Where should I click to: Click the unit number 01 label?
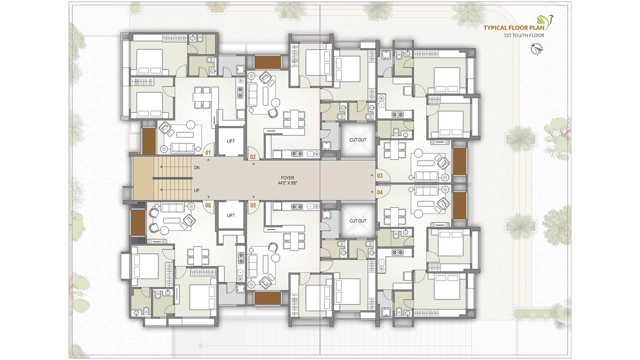tap(208, 153)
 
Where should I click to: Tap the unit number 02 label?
tap(253, 157)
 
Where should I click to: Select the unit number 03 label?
tap(380, 176)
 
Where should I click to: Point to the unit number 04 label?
tap(380, 192)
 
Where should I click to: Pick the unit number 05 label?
tap(253, 205)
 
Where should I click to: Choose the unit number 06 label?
tap(208, 205)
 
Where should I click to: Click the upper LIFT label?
tap(231, 141)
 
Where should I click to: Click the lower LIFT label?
tap(231, 216)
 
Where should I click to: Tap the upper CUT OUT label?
tap(358, 140)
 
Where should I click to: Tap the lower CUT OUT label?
tap(358, 221)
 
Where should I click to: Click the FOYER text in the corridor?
tap(287, 178)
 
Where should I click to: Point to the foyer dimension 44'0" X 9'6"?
tap(287, 183)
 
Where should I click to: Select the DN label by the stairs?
tap(197, 168)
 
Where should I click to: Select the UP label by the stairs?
tap(197, 191)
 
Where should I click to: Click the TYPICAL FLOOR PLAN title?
tap(514, 28)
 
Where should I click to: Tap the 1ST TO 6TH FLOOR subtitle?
tap(524, 35)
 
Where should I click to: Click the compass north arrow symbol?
tap(537, 49)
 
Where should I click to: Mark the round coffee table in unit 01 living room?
tap(191, 125)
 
